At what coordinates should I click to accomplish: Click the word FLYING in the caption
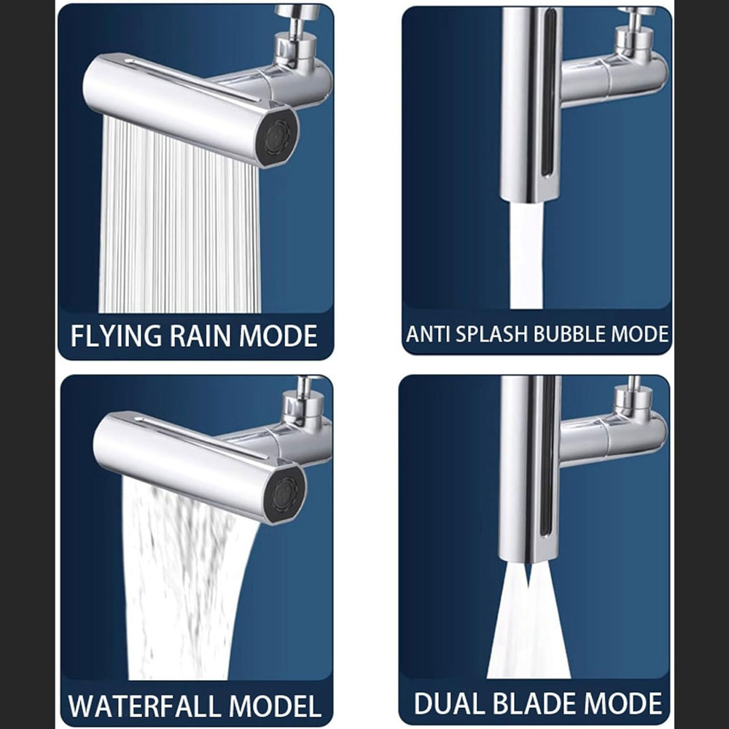click(116, 335)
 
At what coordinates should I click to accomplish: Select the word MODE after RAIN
click(278, 335)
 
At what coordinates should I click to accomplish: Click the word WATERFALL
click(144, 706)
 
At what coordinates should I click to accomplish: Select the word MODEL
click(276, 706)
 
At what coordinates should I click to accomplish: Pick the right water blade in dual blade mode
click(549, 623)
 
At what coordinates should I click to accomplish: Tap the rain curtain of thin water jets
click(179, 219)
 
